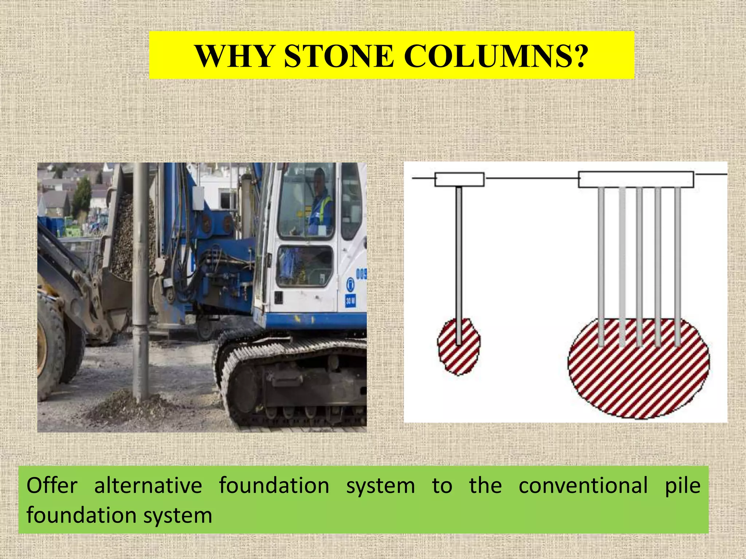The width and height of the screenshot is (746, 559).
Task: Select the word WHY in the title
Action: pos(234,56)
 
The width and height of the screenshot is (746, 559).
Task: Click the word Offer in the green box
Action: pos(52,486)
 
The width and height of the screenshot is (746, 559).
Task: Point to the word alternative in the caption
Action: pos(148,486)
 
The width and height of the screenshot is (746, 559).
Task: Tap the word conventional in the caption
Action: pos(583,486)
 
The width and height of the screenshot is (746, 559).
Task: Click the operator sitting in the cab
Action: pos(320,204)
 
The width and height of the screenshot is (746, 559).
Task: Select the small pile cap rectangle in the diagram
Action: pos(459,179)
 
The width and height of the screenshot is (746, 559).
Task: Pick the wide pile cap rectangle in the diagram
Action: pos(636,179)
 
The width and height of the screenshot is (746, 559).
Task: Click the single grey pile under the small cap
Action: pos(459,255)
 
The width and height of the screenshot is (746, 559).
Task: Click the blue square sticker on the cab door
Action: pos(350,301)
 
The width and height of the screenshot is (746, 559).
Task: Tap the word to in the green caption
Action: pos(442,486)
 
